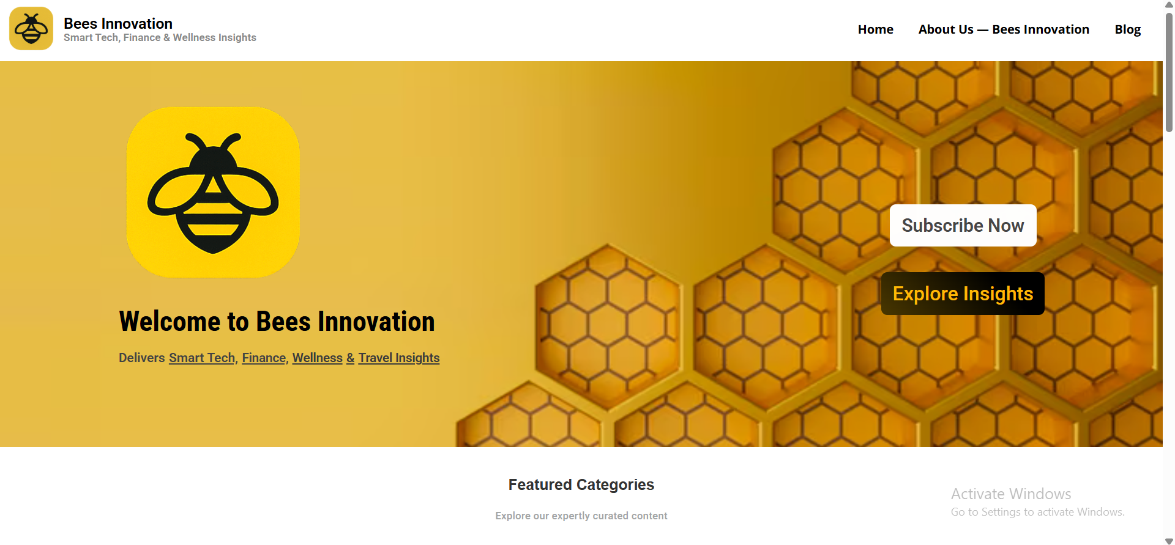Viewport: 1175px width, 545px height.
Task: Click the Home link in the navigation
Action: (875, 29)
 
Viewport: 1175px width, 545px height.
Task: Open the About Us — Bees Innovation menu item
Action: (1004, 29)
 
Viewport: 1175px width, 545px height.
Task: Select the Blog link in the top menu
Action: (1127, 29)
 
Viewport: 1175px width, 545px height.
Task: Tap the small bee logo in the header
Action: (31, 29)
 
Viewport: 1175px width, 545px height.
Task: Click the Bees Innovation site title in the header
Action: (118, 23)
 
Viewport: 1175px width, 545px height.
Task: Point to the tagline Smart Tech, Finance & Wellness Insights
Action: (160, 38)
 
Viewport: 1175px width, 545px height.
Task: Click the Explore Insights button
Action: (963, 294)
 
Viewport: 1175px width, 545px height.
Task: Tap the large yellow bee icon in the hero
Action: (213, 193)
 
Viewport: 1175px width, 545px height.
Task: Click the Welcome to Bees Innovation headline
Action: (277, 322)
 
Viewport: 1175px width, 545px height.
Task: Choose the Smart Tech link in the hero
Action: (202, 358)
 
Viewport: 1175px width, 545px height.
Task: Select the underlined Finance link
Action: (264, 358)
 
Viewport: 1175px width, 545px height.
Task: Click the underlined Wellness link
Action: (317, 358)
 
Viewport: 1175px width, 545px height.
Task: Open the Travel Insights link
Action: (399, 358)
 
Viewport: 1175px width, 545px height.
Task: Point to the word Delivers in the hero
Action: (142, 358)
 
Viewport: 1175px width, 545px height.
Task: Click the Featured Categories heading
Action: (581, 485)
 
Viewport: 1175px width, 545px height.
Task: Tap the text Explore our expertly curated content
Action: (581, 516)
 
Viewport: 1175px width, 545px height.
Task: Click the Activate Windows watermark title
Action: (1011, 494)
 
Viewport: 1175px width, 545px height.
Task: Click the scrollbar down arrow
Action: (1169, 541)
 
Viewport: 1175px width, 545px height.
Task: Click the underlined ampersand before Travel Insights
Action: (351, 358)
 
